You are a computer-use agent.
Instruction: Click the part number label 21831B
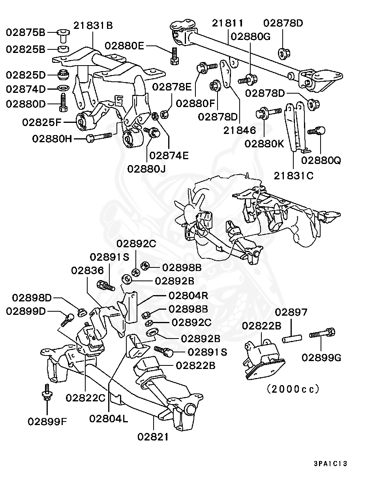(93, 26)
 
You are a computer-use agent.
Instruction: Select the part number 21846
(239, 130)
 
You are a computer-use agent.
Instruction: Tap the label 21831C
(293, 175)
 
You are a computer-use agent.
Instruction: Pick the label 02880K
(264, 143)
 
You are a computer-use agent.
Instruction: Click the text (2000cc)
(293, 389)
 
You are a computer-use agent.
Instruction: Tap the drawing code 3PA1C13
(330, 463)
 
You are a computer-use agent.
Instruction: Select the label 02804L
(108, 418)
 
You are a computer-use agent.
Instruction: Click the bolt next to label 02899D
(67, 318)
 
